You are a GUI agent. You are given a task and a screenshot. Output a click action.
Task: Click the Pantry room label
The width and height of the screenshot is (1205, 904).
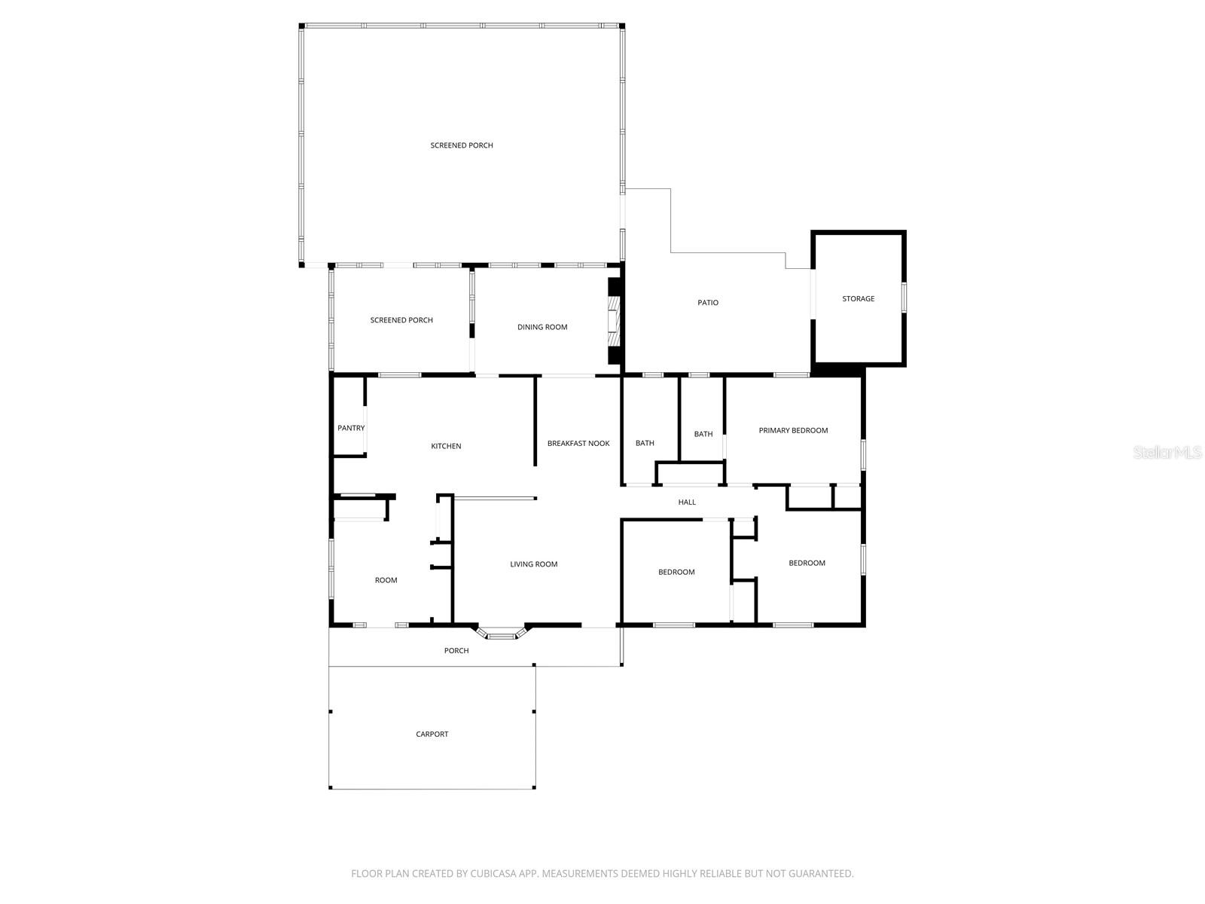pos(351,428)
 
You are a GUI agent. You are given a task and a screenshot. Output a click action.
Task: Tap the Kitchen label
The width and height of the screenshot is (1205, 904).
pos(446,446)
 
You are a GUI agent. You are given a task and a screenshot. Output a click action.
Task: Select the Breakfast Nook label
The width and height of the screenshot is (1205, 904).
pos(578,444)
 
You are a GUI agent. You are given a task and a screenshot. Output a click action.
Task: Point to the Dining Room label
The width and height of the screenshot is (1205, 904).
pos(542,327)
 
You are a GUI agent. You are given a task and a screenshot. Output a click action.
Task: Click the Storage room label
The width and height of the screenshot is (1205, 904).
pos(858,299)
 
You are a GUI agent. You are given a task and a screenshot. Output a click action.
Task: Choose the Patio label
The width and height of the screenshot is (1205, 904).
pos(708,303)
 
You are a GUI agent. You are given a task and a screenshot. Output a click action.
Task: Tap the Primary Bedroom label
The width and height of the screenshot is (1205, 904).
pos(793,431)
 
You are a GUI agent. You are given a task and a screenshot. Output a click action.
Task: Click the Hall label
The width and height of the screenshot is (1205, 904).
pos(687,502)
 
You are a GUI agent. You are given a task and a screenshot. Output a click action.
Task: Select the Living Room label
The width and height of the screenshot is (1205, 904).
pos(534,564)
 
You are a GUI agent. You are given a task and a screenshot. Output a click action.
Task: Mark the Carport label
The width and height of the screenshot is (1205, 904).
pos(432,734)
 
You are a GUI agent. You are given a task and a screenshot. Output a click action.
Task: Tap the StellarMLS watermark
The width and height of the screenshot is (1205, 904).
pos(1168,453)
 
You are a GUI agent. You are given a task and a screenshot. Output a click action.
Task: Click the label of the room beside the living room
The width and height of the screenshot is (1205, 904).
pos(386,580)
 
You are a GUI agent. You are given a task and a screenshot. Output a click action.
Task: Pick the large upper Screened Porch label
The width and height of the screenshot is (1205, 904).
pos(462,145)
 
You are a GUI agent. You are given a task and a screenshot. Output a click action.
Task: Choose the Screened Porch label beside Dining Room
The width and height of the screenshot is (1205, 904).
pos(401,320)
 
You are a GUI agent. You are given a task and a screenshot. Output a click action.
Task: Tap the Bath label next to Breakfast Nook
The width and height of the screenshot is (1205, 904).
pos(645,443)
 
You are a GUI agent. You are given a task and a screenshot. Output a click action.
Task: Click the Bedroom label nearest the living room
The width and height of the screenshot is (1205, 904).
pos(676,573)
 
